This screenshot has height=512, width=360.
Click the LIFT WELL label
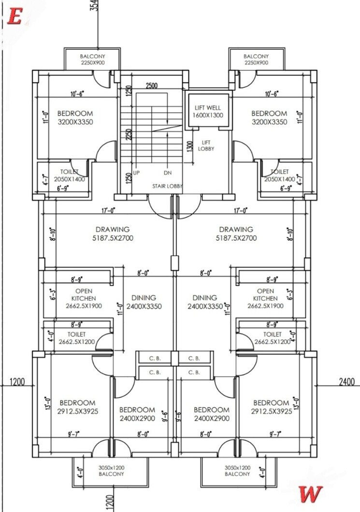pos(207,111)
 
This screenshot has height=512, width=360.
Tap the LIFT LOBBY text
pos(206,146)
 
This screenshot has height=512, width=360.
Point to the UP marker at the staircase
pos(137,173)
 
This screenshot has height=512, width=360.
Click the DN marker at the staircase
pos(167,173)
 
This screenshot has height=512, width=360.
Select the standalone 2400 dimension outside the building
pos(346,382)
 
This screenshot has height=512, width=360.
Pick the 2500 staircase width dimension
pos(151,86)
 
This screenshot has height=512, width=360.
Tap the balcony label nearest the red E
pos(92,59)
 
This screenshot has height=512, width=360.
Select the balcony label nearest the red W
pos(237,471)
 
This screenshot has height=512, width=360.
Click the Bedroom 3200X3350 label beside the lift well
pos(269,117)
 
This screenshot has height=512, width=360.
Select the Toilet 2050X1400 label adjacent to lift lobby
pos(279,175)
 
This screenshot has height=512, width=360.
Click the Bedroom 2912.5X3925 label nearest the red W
pos(271,407)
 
